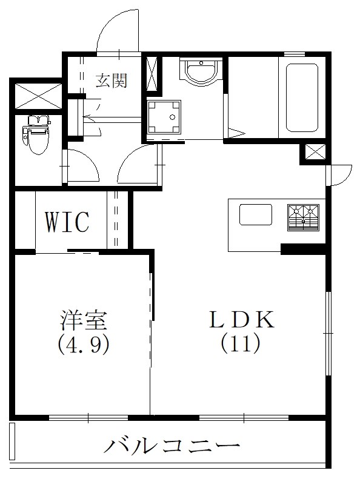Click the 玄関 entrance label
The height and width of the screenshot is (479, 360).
[x=111, y=81]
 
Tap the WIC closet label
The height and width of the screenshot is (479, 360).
[x=67, y=222]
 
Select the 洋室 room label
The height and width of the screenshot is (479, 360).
[x=83, y=320]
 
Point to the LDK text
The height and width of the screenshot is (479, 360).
[x=241, y=320]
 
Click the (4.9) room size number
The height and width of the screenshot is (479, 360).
[x=83, y=345]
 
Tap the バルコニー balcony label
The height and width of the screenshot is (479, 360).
[x=172, y=448]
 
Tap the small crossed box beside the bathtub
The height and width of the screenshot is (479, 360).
[x=314, y=154]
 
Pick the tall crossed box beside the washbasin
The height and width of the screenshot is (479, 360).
[x=152, y=73]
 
